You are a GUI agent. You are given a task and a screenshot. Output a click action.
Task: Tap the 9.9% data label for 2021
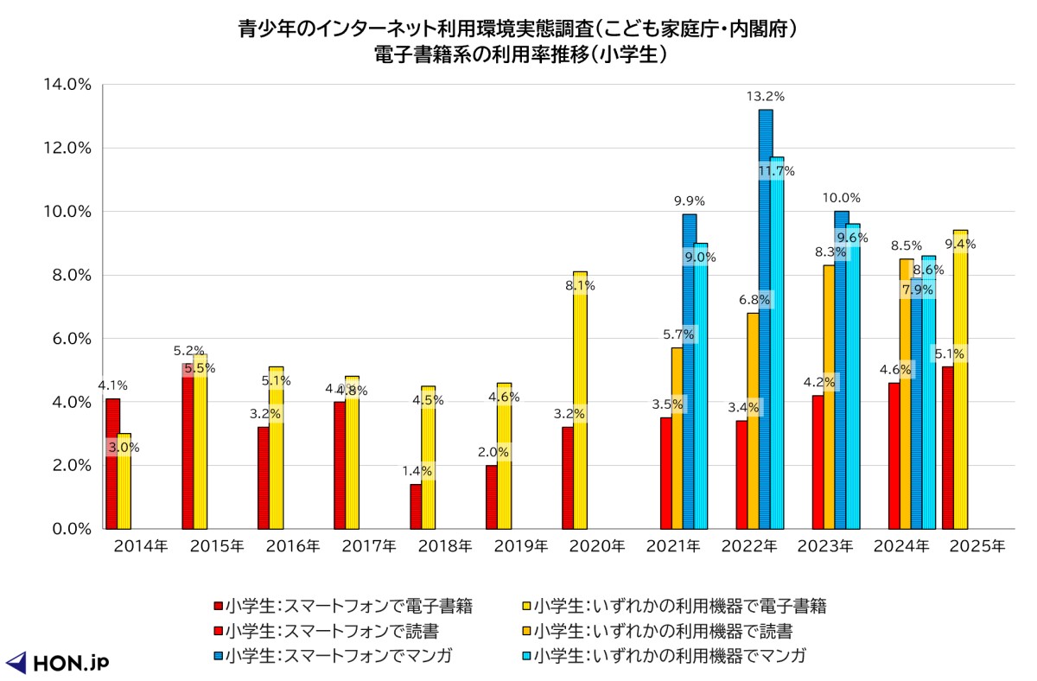click(x=689, y=200)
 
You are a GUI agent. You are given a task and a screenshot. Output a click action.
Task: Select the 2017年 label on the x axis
click(x=369, y=546)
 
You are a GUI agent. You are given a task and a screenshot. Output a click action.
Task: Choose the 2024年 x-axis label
click(x=900, y=546)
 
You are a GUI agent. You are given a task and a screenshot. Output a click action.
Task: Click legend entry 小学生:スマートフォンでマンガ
click(x=338, y=656)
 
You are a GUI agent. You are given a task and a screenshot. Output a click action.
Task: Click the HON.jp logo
click(x=57, y=662)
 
